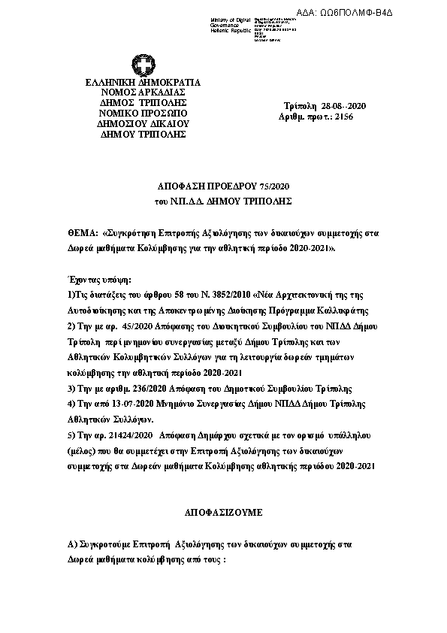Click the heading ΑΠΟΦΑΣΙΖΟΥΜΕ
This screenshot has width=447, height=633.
223,511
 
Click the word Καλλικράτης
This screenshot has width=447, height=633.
332,309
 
